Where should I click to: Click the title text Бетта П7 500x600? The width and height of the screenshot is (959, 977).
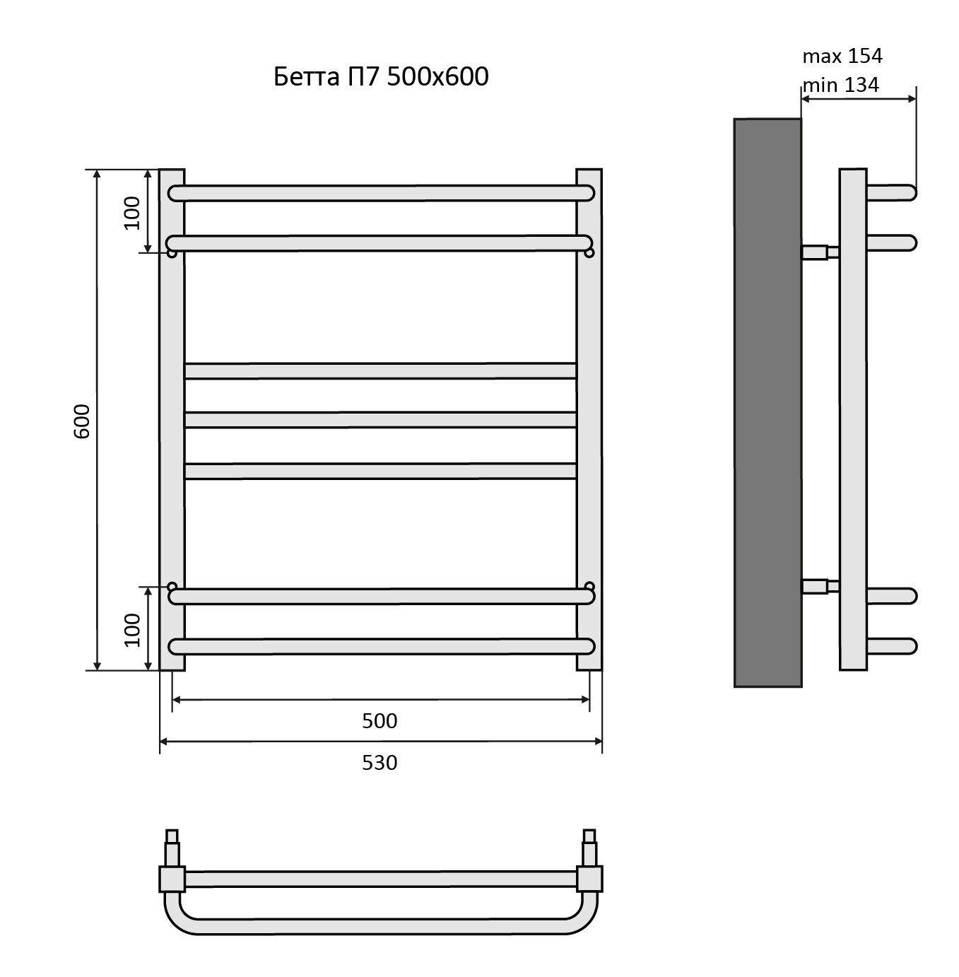381,76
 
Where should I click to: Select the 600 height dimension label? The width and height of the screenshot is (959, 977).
81,421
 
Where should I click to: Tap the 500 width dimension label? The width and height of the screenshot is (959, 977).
379,720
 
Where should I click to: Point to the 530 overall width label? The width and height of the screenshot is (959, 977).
379,763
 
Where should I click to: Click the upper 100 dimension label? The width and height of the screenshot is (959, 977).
131,212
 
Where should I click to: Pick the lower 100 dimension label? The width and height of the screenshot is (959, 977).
131,630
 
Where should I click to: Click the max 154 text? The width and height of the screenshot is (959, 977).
842,56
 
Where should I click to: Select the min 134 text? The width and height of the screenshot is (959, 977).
841,85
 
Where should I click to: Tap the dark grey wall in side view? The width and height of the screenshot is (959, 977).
767,402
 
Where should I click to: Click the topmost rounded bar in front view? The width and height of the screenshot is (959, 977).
381,193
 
